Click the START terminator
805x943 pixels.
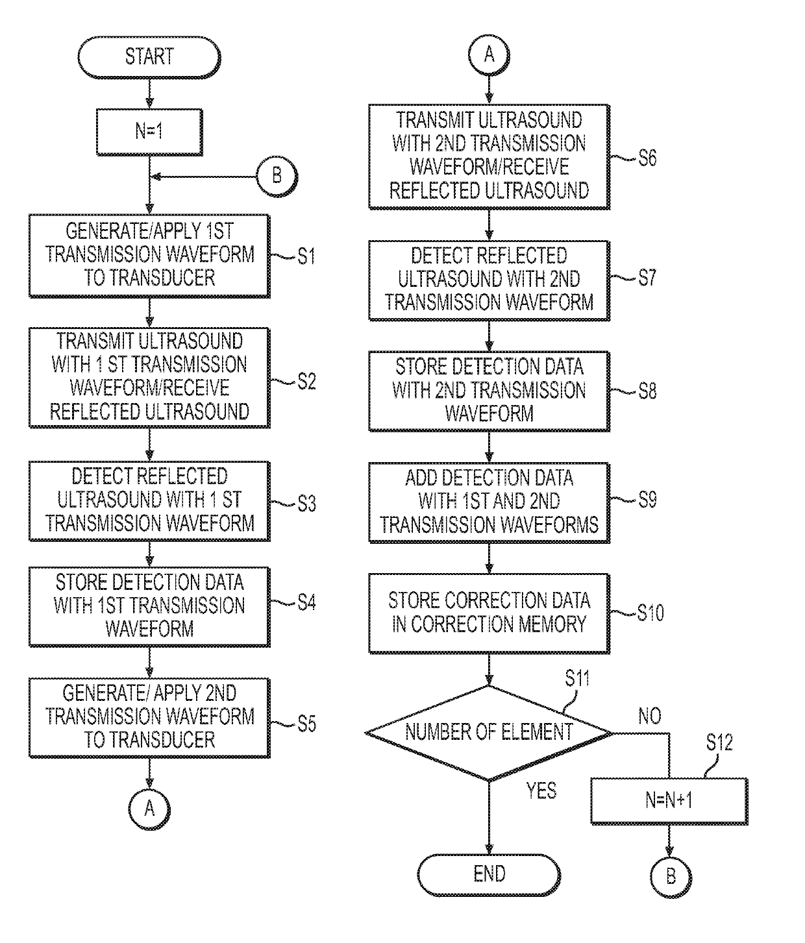pyautogui.click(x=149, y=58)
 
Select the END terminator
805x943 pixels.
pyautogui.click(x=489, y=875)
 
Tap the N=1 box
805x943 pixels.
pyautogui.click(x=149, y=132)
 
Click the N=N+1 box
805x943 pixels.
pyautogui.click(x=669, y=801)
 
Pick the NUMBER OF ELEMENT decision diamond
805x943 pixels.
pyautogui.click(x=489, y=733)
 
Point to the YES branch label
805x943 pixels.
pyautogui.click(x=541, y=790)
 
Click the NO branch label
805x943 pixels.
pyautogui.click(x=649, y=716)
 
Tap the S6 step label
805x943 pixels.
pyautogui.click(x=647, y=158)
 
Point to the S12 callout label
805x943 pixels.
pyautogui.click(x=719, y=742)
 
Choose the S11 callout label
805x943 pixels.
pyautogui.click(x=577, y=678)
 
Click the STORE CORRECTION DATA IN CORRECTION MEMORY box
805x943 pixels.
pyautogui.click(x=489, y=613)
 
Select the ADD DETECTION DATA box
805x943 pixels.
pyautogui.click(x=489, y=503)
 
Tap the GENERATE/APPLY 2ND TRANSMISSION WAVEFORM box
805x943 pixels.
pyautogui.click(x=150, y=718)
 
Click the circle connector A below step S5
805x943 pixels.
pyautogui.click(x=149, y=809)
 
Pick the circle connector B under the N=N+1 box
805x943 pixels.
pyautogui.click(x=671, y=876)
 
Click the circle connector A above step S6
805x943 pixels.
pyautogui.click(x=489, y=55)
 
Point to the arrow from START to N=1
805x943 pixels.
pyautogui.click(x=149, y=93)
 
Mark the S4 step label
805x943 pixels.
pyautogui.click(x=306, y=603)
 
